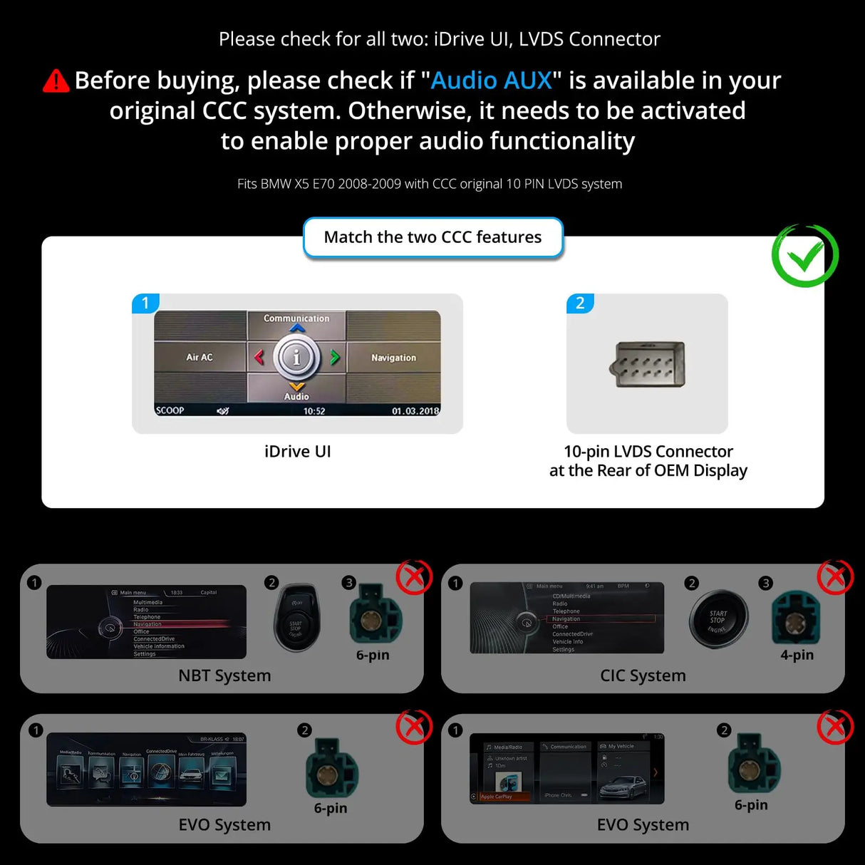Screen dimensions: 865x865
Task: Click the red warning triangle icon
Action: point(56,81)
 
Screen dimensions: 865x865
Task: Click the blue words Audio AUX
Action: point(491,81)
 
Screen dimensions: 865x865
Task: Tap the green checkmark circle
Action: point(804,256)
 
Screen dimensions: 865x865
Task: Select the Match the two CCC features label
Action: point(432,237)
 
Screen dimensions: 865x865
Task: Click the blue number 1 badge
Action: point(145,303)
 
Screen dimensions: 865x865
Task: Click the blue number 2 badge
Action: point(580,303)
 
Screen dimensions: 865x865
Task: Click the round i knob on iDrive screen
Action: point(296,357)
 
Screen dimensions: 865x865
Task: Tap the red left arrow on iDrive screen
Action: point(259,357)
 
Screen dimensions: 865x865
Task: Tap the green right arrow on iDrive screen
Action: point(334,357)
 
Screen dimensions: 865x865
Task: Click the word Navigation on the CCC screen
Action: point(393,358)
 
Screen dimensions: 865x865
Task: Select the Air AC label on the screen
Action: point(200,357)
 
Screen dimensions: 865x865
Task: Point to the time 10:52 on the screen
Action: point(314,411)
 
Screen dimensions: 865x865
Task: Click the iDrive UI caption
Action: point(297,452)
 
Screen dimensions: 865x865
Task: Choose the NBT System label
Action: point(224,675)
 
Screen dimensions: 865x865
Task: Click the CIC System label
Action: point(643,675)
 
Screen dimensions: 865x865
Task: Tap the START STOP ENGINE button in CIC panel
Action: point(718,619)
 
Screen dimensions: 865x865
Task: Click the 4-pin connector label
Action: point(797,655)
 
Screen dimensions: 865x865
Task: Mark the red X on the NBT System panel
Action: point(414,577)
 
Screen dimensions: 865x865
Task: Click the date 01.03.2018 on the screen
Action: point(415,411)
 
